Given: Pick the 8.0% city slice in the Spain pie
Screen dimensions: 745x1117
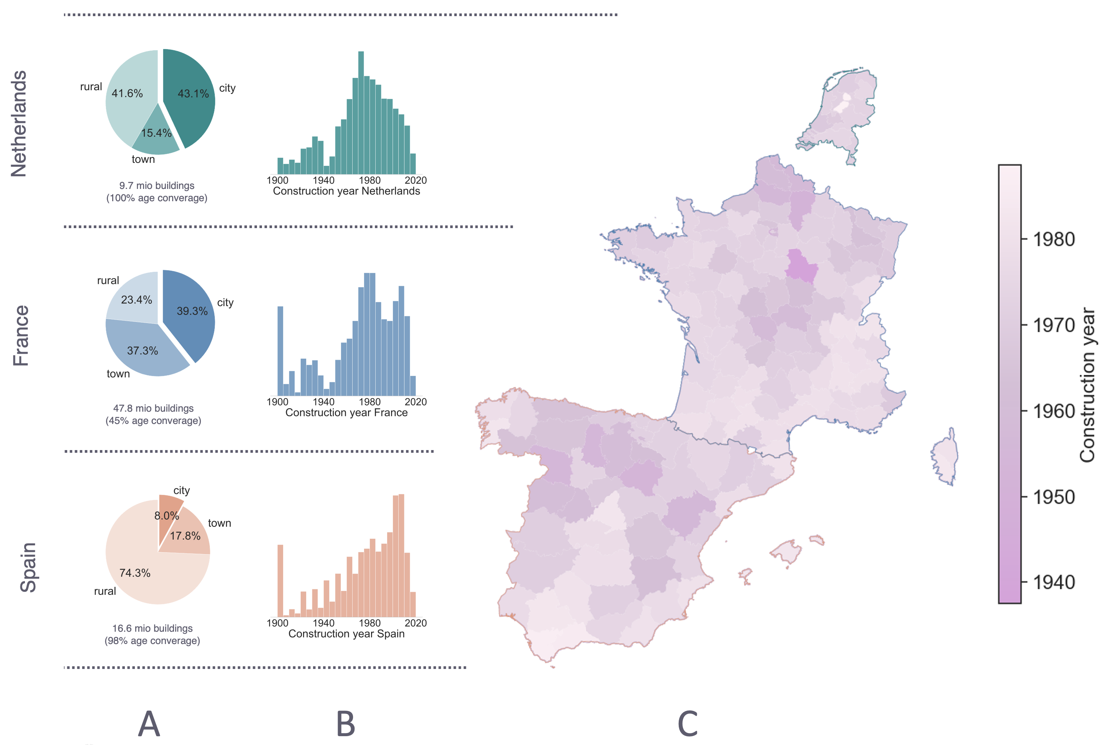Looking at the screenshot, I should (169, 511).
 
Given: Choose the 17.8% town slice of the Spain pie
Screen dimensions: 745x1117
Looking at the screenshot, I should (188, 537).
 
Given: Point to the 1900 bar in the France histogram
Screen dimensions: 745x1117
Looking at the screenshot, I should (280, 352).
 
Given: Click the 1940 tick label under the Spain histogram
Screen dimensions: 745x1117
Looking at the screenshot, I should (323, 623).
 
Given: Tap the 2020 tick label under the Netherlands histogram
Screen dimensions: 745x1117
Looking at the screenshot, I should (416, 180).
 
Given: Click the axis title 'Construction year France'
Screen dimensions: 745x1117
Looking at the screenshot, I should (346, 412).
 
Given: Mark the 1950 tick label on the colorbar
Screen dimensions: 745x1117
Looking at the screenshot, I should (1054, 497).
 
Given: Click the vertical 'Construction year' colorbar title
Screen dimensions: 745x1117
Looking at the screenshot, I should (1087, 385).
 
